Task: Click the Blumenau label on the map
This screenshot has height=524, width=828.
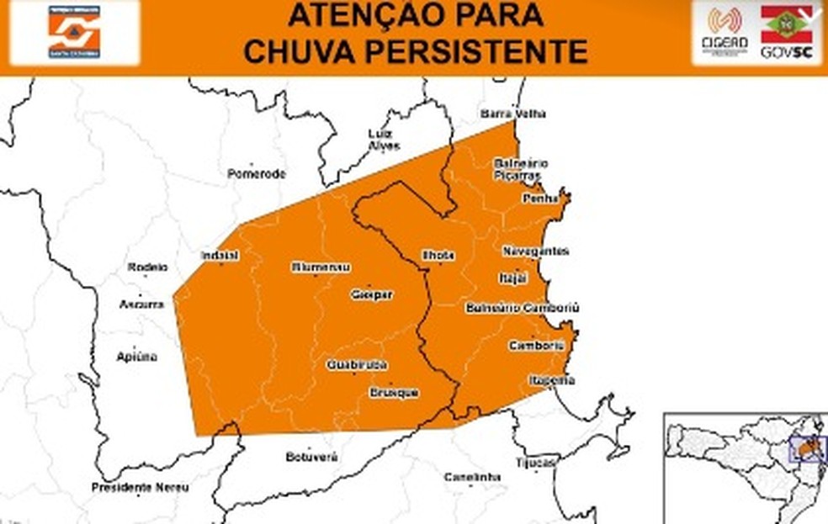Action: pos(321,267)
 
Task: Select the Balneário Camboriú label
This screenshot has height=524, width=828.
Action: pos(522,308)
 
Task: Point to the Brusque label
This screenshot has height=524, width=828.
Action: pos(394,393)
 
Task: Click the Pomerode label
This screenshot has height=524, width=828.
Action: pos(257,174)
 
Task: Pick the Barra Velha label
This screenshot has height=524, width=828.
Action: pos(513,114)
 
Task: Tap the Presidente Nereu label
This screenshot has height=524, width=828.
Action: pos(140,488)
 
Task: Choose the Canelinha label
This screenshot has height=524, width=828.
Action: pos(472,478)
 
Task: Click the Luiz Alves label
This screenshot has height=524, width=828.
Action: pos(385,140)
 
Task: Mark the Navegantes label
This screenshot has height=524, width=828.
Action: pos(536,251)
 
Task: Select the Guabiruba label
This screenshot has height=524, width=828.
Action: pos(357,365)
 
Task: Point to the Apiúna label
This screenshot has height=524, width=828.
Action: pos(136,357)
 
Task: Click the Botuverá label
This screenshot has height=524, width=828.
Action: pos(311,457)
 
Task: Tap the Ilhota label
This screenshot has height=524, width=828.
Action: pos(438,255)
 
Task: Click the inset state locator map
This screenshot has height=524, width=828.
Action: pos(744,468)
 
